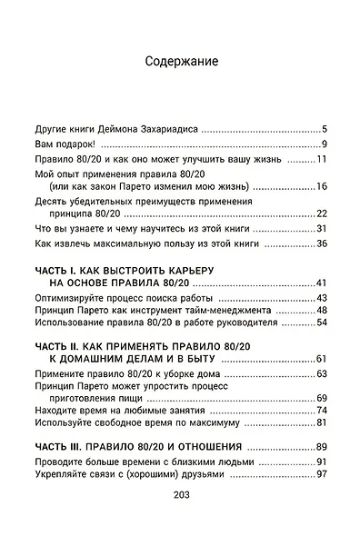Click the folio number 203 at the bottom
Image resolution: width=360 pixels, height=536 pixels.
(179, 495)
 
